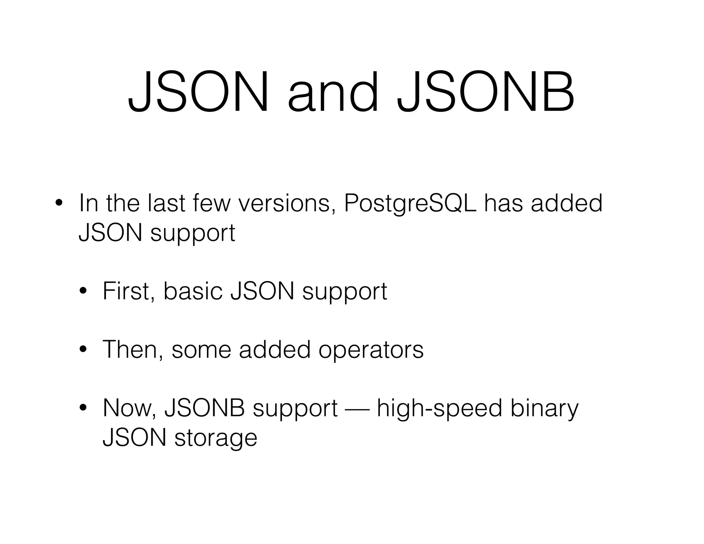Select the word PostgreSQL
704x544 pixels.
(x=410, y=203)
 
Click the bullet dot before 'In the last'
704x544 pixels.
(x=58, y=203)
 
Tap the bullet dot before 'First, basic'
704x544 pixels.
(x=83, y=291)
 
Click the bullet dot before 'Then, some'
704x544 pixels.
(x=83, y=350)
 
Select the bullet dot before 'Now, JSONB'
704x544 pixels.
(x=83, y=408)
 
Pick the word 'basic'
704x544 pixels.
(x=193, y=291)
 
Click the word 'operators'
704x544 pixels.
(x=371, y=350)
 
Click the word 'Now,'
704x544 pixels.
(x=130, y=408)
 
